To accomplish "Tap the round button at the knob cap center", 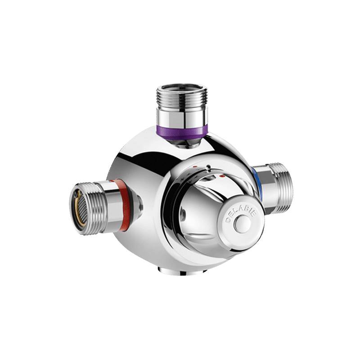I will tap(244, 224).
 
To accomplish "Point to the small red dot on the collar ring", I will tap(195, 167).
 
